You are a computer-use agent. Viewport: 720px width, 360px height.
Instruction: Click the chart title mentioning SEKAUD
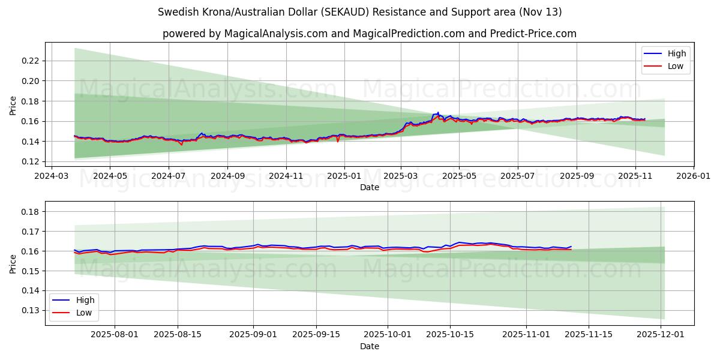(360, 12)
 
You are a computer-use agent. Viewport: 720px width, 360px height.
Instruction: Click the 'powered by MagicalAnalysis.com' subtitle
(369, 34)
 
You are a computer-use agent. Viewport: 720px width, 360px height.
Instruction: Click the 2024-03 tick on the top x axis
(51, 177)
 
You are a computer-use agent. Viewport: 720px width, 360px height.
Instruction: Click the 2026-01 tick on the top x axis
(694, 177)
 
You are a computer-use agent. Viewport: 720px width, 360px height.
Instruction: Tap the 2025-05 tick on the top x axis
(459, 177)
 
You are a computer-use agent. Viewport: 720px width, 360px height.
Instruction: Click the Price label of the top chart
(13, 106)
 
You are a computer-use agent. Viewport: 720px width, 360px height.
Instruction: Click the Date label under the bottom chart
(369, 347)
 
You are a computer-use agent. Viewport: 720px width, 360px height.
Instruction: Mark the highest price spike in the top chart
(438, 112)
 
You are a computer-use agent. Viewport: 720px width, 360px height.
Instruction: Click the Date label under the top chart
(369, 187)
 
